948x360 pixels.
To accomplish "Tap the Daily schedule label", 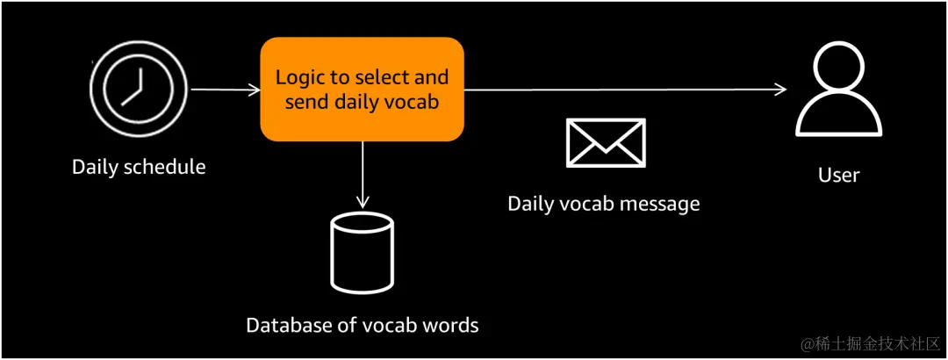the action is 139,166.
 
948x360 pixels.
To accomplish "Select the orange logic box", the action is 363,89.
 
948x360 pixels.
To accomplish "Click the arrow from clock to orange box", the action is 226,90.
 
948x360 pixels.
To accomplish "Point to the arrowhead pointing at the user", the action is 781,90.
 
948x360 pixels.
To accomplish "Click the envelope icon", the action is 606,143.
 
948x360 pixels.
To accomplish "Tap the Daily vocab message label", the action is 603,204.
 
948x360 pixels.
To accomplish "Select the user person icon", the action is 838,90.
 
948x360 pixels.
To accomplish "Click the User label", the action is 838,175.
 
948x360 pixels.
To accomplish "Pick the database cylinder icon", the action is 363,254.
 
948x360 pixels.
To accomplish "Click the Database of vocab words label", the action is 363,325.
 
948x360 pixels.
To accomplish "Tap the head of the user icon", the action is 838,68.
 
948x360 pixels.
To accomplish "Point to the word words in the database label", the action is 452,325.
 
